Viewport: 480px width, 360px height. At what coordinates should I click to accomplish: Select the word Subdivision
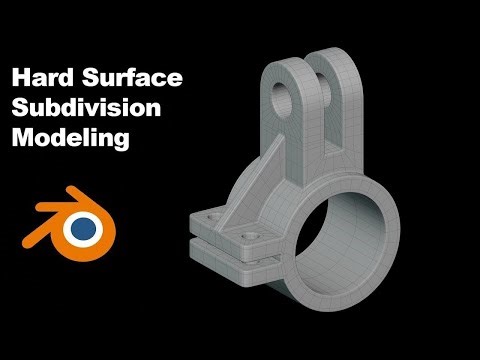[85, 108]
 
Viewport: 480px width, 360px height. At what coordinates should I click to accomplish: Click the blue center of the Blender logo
[83, 229]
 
